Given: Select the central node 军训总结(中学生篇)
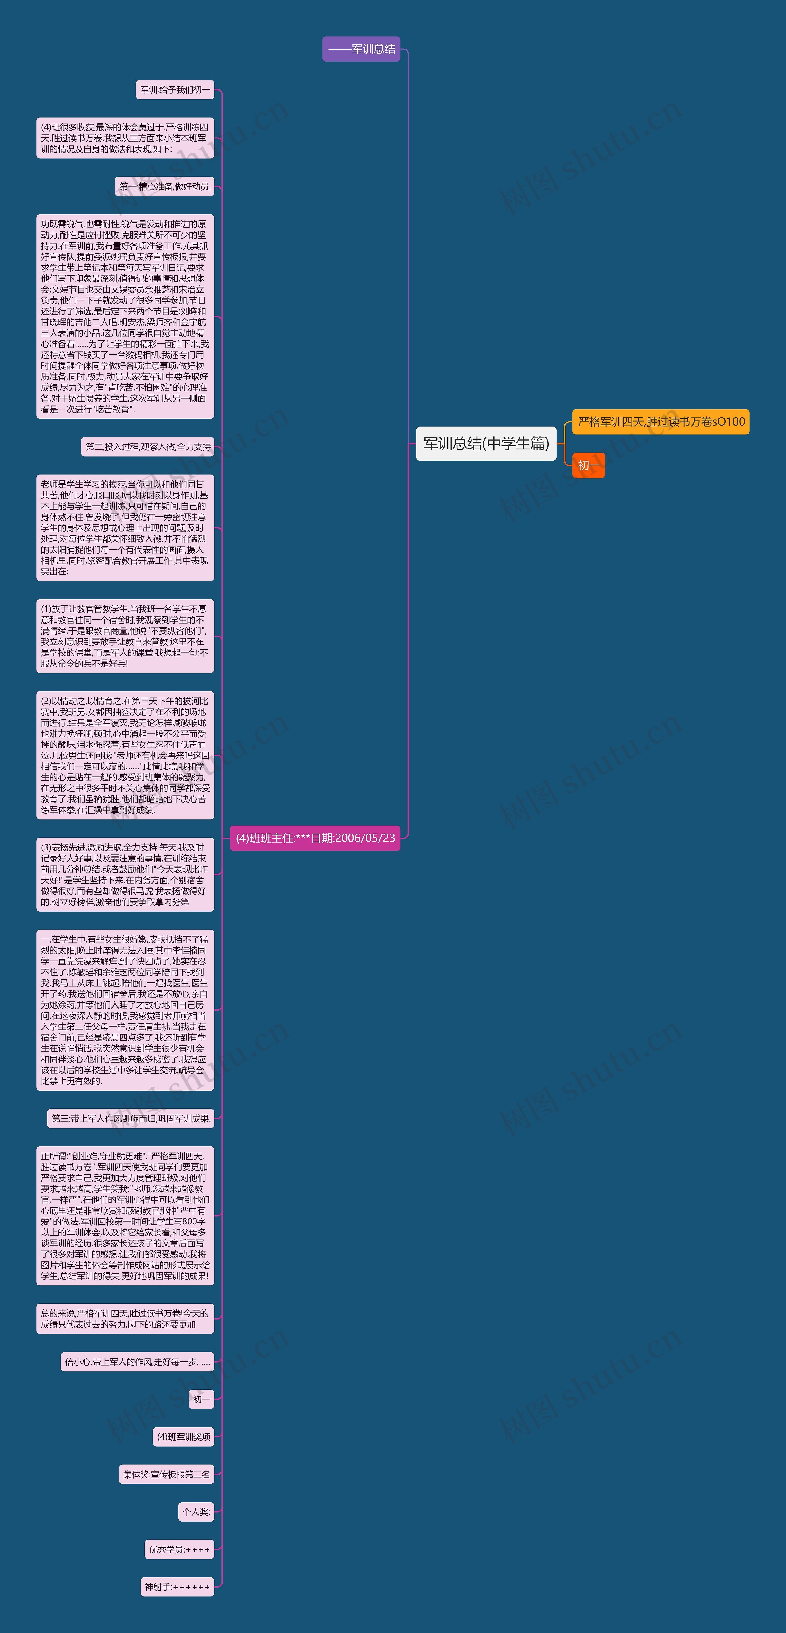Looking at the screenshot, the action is (x=486, y=444).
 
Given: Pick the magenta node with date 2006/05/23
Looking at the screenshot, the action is (x=315, y=838).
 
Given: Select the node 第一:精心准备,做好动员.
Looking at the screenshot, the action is (x=165, y=186).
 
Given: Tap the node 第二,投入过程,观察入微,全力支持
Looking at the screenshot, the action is (x=148, y=447).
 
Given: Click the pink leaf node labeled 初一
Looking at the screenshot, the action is (x=202, y=1399).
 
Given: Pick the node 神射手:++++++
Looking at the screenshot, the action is (x=177, y=1587).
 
